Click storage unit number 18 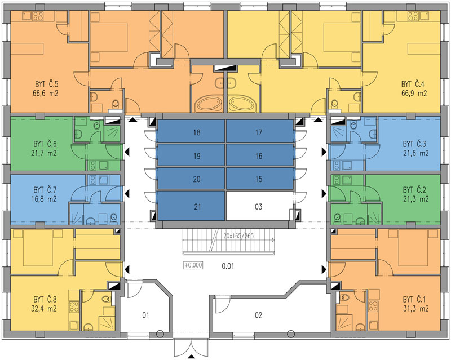click(191, 131)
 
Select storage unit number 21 click(191, 206)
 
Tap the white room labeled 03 click(259, 206)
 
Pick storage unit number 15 click(260, 179)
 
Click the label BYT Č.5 click(47, 85)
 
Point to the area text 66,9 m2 click(414, 93)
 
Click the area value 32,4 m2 click(44, 309)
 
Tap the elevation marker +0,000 click(193, 265)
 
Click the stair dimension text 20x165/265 click(238, 236)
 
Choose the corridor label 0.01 click(228, 266)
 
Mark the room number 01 click(145, 315)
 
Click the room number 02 click(259, 315)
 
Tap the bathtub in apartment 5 click(209, 104)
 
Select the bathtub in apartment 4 click(242, 104)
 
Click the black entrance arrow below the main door click(191, 357)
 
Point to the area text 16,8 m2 click(44, 199)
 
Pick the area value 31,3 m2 click(416, 309)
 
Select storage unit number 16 click(260, 155)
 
